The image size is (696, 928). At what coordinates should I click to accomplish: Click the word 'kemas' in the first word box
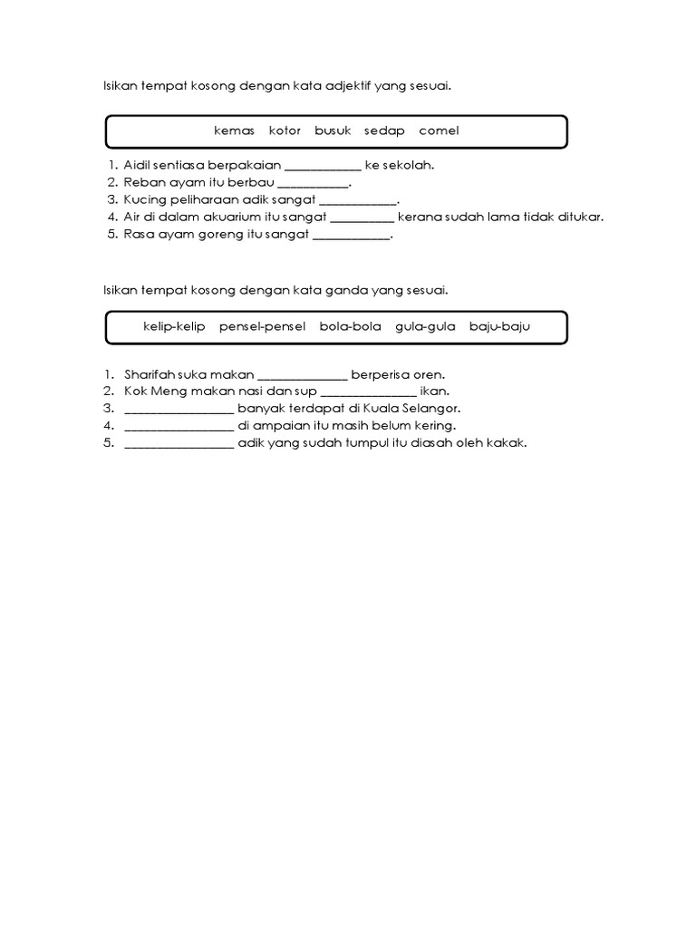[235, 130]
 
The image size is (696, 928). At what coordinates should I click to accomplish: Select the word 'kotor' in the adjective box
[285, 130]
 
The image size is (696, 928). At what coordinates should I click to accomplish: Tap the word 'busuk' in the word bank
[333, 130]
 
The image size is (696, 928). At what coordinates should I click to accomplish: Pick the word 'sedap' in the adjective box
[384, 130]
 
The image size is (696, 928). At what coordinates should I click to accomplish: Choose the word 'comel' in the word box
[439, 130]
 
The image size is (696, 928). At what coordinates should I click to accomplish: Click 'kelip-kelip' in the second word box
[174, 326]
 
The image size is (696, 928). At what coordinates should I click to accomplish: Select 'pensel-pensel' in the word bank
[262, 326]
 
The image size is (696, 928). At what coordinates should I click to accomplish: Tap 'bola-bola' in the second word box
[350, 326]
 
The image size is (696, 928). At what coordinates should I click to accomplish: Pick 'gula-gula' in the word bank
[425, 326]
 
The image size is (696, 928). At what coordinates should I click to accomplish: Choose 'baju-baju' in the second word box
[498, 326]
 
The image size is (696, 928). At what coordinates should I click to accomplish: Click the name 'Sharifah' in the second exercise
[148, 374]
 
